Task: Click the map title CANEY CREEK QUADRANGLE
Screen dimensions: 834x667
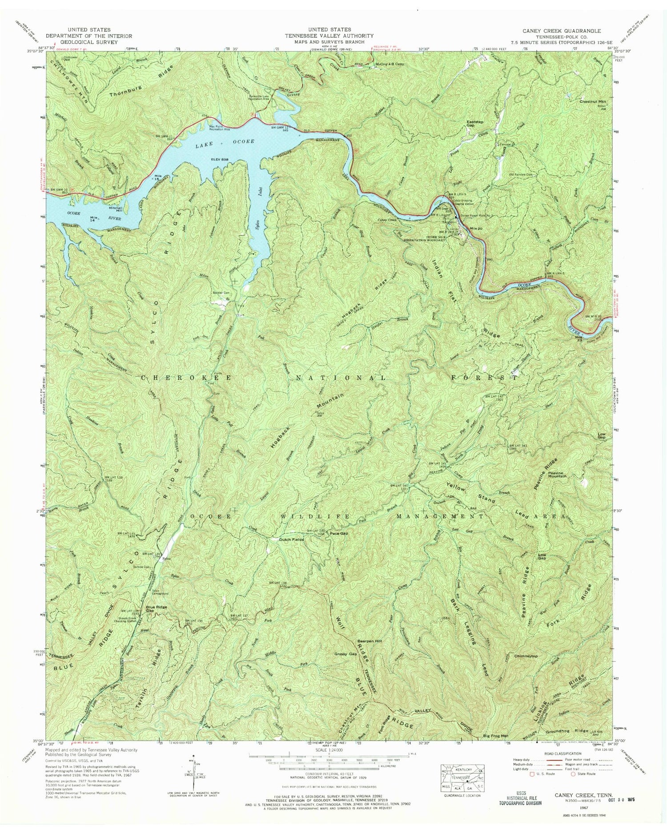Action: (563, 31)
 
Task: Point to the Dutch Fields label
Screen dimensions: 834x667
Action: (291, 539)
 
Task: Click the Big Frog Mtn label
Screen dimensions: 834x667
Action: (495, 737)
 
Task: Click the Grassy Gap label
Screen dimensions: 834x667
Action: (346, 654)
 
